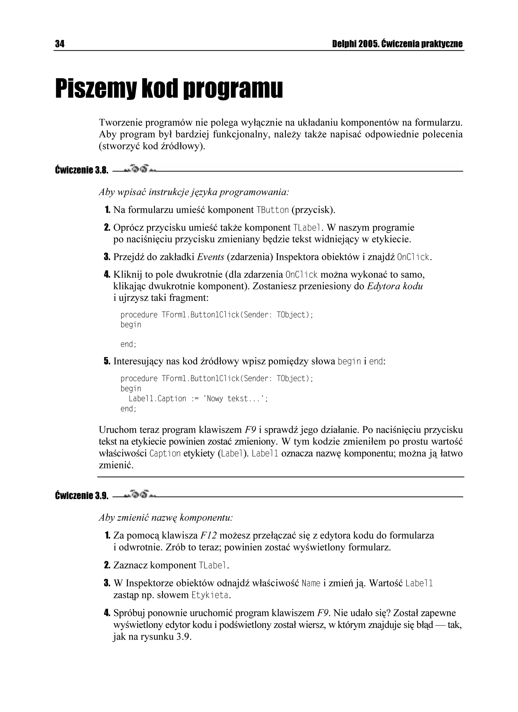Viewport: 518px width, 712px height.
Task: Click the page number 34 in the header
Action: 60,44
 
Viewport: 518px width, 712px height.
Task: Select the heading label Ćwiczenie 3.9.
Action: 82,496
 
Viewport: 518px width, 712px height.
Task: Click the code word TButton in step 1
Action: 272,210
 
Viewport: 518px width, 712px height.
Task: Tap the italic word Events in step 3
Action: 210,257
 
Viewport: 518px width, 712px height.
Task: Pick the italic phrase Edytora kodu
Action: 395,286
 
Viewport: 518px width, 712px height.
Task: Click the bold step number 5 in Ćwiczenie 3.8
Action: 107,361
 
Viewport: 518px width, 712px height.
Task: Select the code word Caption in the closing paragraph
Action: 165,454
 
